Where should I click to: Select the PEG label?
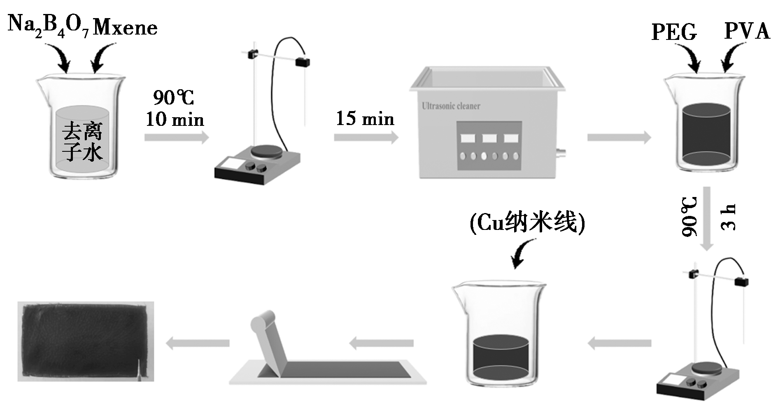(x=674, y=32)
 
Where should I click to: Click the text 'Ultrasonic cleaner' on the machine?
(x=451, y=106)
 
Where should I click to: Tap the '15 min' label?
(x=365, y=118)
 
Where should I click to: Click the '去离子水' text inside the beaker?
(x=82, y=141)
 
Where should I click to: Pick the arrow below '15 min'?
(x=366, y=137)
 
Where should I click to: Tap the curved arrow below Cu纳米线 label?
(x=522, y=253)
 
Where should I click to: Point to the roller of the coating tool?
(x=264, y=322)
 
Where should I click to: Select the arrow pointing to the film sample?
(x=198, y=343)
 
